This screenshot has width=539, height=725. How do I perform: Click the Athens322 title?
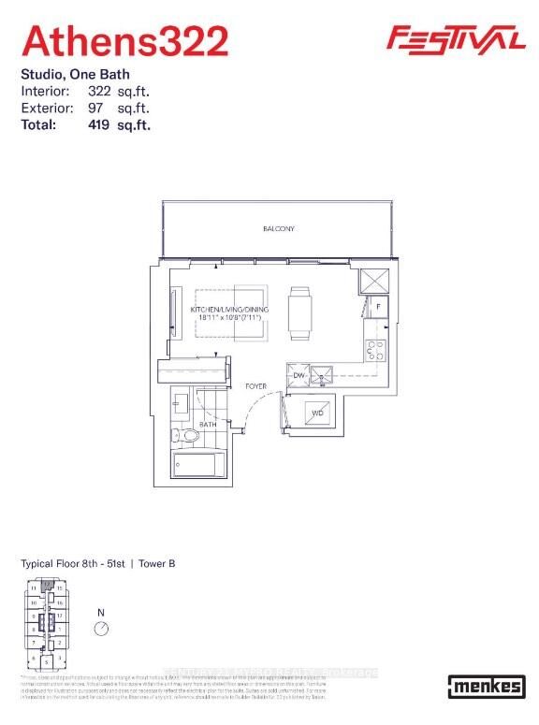pos(124,41)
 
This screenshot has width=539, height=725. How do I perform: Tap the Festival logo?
pos(456,38)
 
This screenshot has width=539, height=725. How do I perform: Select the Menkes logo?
pos(485,686)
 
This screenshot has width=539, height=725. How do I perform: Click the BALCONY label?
pos(278,228)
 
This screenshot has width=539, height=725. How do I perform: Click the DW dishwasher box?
pos(298,374)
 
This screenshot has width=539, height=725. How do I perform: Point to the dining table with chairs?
pos(299,312)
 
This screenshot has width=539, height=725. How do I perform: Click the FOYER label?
pos(256,385)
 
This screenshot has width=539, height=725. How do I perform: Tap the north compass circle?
pos(101,629)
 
